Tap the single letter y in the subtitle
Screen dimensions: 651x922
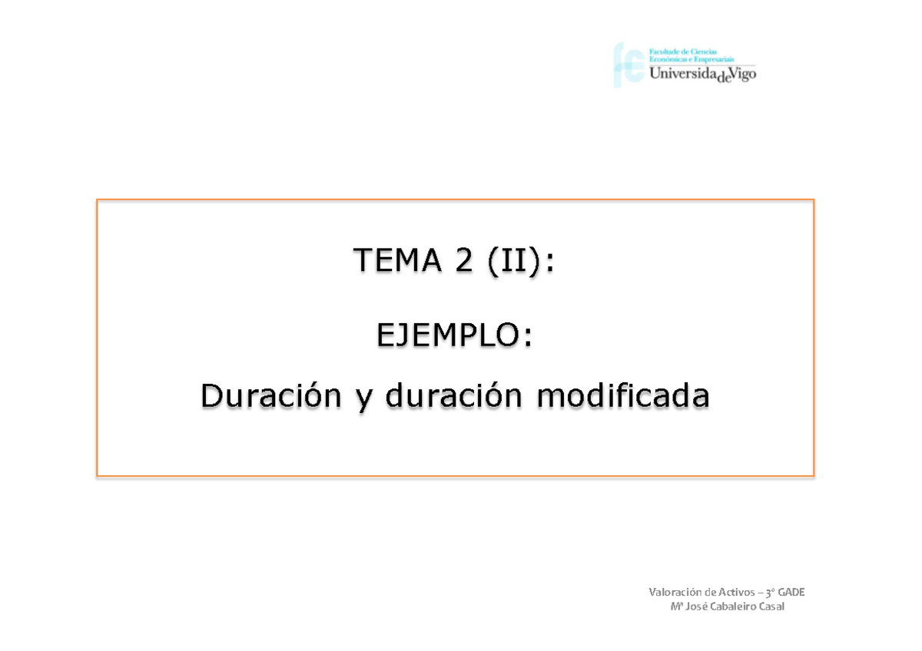(x=363, y=401)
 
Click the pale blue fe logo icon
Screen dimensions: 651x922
(x=628, y=64)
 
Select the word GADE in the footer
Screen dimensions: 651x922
(x=791, y=592)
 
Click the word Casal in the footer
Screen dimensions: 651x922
(x=773, y=607)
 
